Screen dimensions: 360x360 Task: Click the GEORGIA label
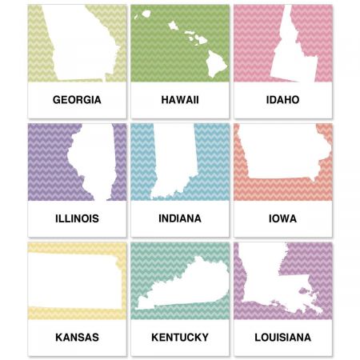click(77, 100)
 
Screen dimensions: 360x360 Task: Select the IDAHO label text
click(282, 100)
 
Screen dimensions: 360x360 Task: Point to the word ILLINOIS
click(77, 218)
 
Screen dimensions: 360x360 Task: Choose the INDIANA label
click(179, 218)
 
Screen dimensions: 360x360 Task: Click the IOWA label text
click(282, 218)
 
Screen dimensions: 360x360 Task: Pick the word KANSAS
click(77, 337)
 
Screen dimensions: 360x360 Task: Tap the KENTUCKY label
click(179, 337)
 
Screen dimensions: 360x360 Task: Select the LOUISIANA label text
click(282, 337)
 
